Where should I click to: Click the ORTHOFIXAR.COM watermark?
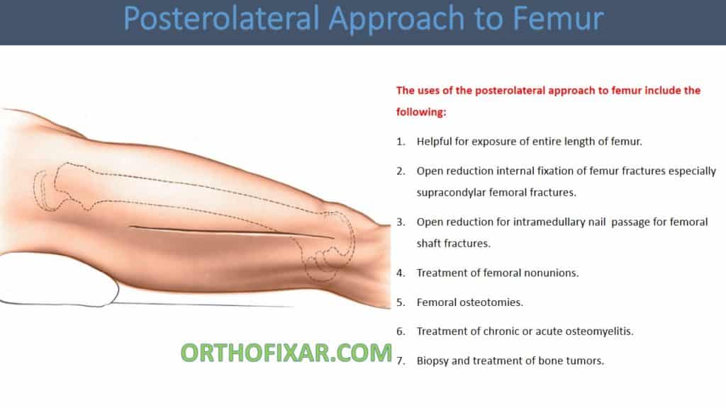click(x=286, y=352)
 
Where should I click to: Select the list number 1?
click(x=401, y=142)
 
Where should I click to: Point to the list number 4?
click(x=401, y=273)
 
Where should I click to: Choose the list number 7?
click(x=401, y=361)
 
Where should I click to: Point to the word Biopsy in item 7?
click(x=433, y=361)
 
